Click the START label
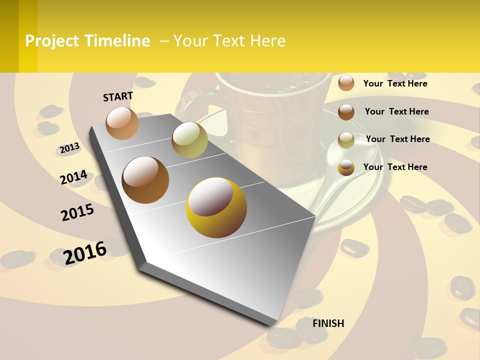point(118,96)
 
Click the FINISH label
point(328,323)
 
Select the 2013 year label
point(69,148)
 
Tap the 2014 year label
point(73,177)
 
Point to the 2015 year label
point(77,212)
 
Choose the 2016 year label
point(85,252)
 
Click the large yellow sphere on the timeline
point(216,207)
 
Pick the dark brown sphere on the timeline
point(145,180)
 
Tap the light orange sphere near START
point(122,123)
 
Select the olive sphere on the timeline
point(189,139)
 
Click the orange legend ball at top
point(346,83)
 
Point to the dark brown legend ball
point(346,112)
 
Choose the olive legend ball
point(346,140)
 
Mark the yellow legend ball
point(346,167)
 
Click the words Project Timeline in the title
point(87,41)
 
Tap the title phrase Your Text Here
point(229,41)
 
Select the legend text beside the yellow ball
point(395,167)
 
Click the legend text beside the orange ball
point(395,83)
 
